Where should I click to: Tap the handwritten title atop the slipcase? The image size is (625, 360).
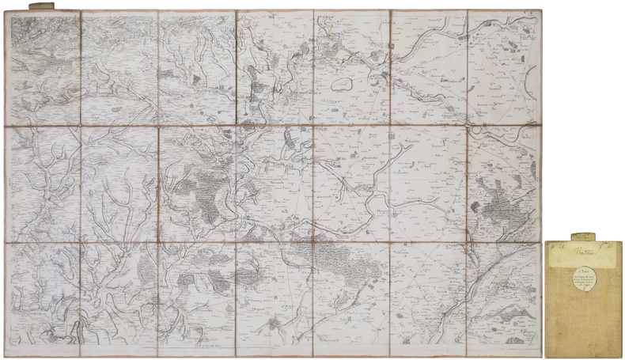tap(584, 248)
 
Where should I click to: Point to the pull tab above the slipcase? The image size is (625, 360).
tap(584, 234)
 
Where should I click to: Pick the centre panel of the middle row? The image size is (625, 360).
tap(275, 184)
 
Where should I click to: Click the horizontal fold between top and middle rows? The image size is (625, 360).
tap(275, 125)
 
